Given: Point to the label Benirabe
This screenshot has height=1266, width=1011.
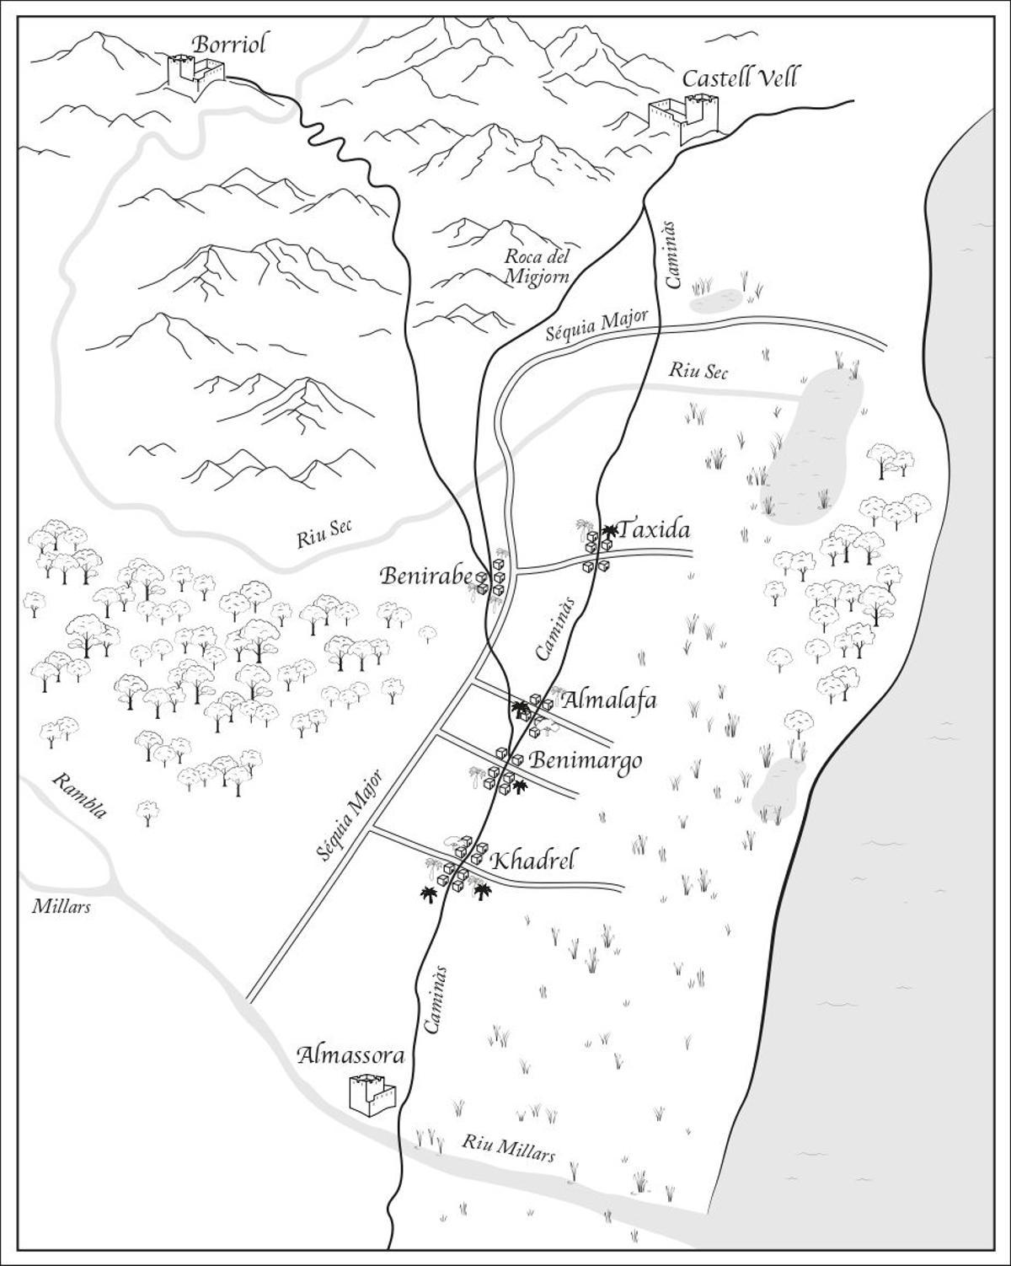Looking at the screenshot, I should pos(425,577).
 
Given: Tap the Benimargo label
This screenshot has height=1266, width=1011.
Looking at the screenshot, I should pos(586,760).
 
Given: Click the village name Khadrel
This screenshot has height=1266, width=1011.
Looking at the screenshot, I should pos(533,861).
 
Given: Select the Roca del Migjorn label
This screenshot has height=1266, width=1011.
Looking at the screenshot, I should pos(538,266).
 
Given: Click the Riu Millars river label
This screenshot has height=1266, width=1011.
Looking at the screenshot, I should pos(508,1147).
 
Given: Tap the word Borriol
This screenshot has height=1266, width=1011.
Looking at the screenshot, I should pos(228,44).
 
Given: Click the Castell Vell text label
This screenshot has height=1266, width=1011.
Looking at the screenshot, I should pos(739,78).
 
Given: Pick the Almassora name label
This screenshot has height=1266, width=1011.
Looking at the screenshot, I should pos(350,1056).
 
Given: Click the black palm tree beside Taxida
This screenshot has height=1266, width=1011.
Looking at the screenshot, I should pos(608,531).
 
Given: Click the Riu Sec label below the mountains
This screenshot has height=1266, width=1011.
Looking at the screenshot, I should pos(324,534).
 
